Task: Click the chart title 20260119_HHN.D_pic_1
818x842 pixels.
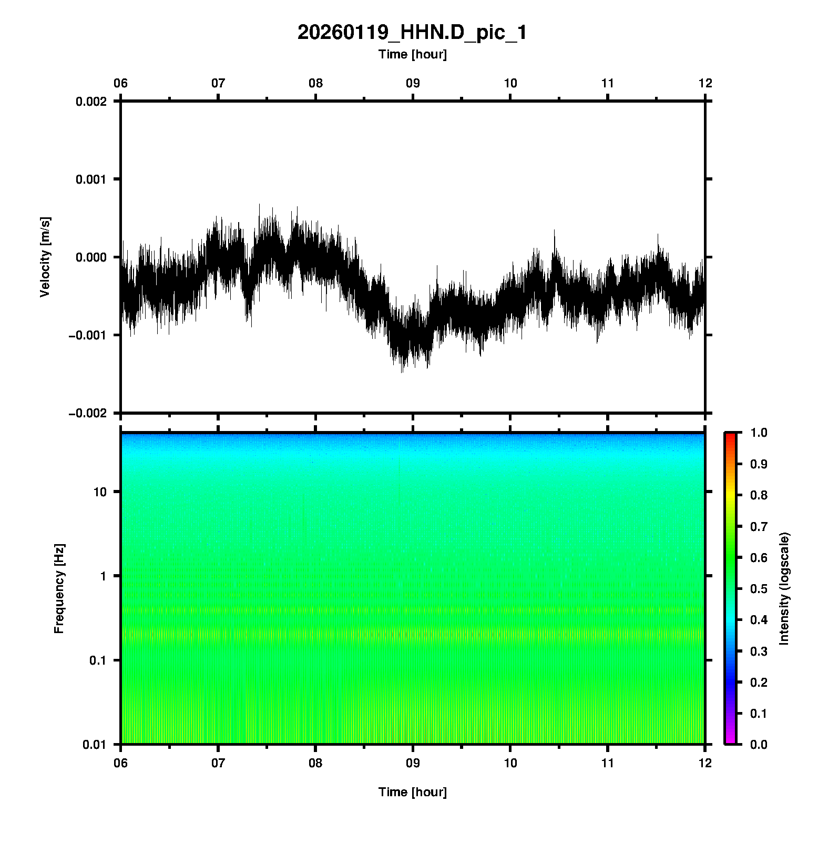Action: point(412,33)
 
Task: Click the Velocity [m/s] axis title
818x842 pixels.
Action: point(45,257)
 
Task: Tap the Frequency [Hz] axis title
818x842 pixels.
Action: point(59,588)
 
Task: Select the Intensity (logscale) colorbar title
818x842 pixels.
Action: point(784,588)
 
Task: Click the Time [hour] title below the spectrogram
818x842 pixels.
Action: point(412,792)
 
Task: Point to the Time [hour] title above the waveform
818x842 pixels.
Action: point(412,54)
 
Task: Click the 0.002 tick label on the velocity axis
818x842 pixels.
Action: point(91,102)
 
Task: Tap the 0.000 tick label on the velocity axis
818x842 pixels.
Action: point(91,257)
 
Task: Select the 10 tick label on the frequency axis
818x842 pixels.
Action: point(100,492)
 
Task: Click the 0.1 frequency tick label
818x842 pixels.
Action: point(97,660)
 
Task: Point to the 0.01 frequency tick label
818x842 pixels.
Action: point(95,744)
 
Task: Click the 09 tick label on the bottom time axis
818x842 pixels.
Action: point(413,763)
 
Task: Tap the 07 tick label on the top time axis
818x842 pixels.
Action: point(218,83)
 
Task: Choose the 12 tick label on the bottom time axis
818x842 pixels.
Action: point(705,763)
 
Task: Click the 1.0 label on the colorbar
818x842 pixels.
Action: point(760,433)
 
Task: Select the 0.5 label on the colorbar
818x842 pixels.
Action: point(760,588)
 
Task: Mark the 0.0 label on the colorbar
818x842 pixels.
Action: point(760,744)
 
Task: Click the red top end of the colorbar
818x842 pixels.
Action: point(730,436)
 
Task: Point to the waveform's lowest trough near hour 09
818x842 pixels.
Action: point(402,372)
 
